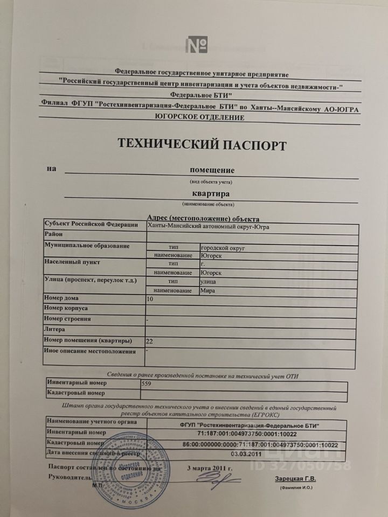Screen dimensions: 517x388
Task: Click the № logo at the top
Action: click(197, 45)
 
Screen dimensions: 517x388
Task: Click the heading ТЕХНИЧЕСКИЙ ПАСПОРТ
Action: click(202, 144)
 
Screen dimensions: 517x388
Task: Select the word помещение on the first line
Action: click(212, 170)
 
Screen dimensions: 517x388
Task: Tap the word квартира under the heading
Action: click(211, 193)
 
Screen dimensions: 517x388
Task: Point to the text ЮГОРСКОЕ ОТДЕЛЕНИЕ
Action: click(199, 117)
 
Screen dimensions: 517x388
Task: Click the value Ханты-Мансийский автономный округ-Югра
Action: click(209, 227)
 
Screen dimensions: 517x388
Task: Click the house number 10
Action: click(150, 298)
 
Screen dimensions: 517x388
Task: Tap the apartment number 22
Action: click(150, 341)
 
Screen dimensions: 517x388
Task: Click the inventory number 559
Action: click(145, 385)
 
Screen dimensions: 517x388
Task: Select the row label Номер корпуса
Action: click(67, 308)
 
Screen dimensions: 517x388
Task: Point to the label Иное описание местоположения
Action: click(91, 351)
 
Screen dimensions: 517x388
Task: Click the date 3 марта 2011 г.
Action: click(209, 468)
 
